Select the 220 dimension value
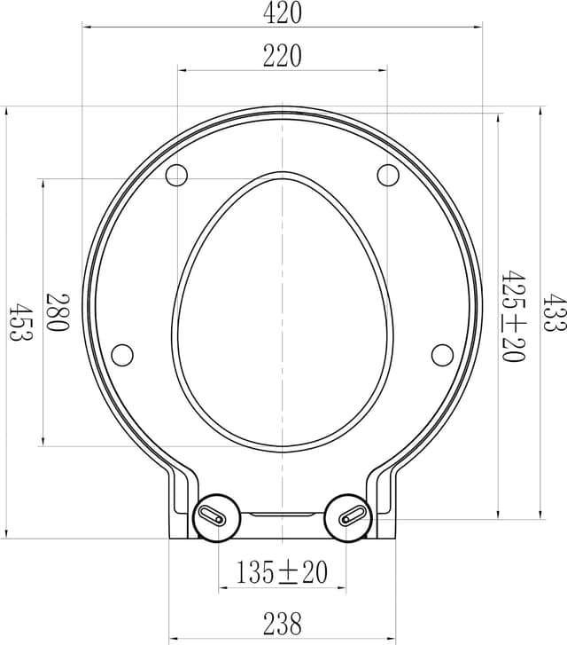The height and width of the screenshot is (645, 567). tap(283, 56)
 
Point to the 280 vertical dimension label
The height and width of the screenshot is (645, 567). tap(58, 312)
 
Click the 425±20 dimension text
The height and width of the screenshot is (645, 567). tap(512, 317)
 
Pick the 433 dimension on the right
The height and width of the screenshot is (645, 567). tap(555, 312)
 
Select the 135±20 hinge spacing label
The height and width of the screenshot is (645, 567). tap(282, 573)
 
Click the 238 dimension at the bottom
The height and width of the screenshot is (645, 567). tap(282, 624)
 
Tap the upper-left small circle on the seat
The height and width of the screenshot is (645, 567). tap(176, 175)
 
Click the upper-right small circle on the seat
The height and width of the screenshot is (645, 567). tap(388, 175)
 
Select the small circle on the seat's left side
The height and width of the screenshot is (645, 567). tap(122, 355)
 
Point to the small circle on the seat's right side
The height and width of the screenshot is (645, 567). tap(442, 355)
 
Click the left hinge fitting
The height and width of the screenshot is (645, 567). tap(215, 515)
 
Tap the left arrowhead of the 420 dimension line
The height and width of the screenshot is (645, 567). tap(87, 27)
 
